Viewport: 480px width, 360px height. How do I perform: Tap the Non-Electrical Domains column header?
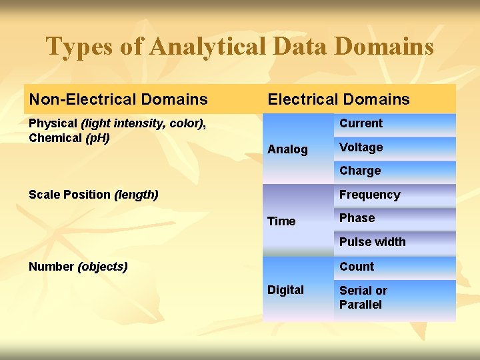pyautogui.click(x=118, y=100)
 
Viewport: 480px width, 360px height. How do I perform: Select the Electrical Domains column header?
pyautogui.click(x=339, y=100)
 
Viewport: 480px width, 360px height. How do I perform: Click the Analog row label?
pyautogui.click(x=287, y=149)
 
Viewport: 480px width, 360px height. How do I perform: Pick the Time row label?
pyautogui.click(x=281, y=221)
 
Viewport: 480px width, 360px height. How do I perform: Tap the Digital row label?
pyautogui.click(x=285, y=290)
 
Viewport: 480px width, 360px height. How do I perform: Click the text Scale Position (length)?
pyautogui.click(x=93, y=195)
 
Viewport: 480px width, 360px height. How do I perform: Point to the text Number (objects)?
pyautogui.click(x=78, y=267)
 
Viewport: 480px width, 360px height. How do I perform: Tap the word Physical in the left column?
pyautogui.click(x=53, y=124)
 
